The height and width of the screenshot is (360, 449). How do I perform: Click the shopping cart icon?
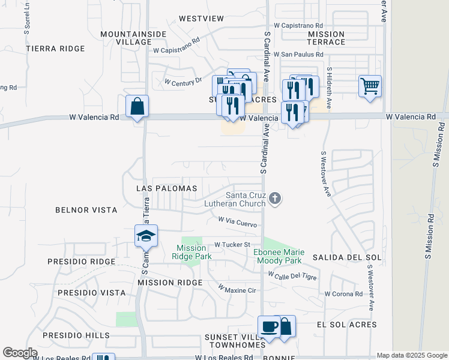pyautogui.click(x=370, y=85)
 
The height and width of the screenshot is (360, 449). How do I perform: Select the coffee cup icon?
pyautogui.click(x=269, y=328)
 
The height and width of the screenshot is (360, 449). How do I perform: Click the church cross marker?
pyautogui.click(x=275, y=197)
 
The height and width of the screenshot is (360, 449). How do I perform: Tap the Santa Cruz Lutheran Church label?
pyautogui.click(x=246, y=199)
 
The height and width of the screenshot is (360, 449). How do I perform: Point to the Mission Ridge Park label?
pyautogui.click(x=191, y=252)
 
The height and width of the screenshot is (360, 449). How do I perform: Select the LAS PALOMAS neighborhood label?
pyautogui.click(x=167, y=188)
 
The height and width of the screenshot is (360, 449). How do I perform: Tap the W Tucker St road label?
pyautogui.click(x=232, y=245)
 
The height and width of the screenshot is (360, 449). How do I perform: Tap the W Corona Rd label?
pyautogui.click(x=343, y=294)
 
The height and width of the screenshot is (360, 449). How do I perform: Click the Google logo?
pyautogui.click(x=20, y=353)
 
